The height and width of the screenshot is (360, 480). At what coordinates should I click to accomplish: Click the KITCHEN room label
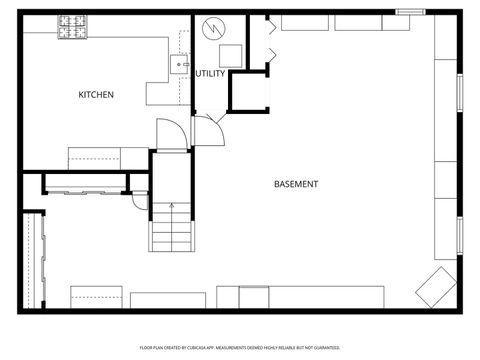(x=96, y=95)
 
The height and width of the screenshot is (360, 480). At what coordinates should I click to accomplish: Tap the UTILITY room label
(x=210, y=74)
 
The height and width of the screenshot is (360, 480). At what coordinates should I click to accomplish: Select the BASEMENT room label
(x=296, y=184)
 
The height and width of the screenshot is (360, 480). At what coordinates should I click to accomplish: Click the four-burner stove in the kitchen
(x=71, y=27)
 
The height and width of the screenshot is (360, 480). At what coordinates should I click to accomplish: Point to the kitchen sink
(x=182, y=65)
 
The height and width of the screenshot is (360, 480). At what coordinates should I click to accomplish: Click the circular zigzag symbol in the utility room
(x=213, y=29)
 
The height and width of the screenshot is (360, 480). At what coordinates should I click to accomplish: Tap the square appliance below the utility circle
(x=229, y=55)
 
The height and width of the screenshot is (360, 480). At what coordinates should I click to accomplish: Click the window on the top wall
(x=411, y=12)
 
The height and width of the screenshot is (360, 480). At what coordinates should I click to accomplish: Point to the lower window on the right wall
(x=460, y=237)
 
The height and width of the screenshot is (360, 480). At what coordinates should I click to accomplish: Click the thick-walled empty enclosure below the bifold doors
(x=250, y=92)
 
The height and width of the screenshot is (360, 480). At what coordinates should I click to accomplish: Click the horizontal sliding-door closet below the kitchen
(x=85, y=186)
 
